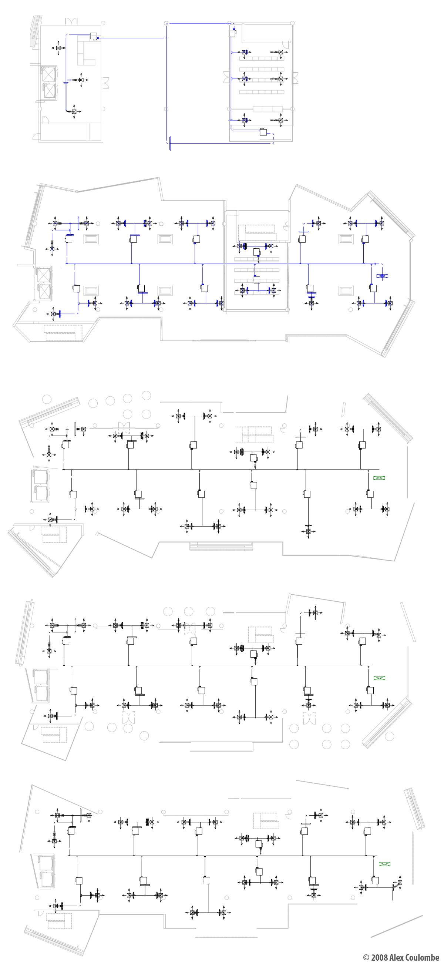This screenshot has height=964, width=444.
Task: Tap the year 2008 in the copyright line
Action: [x=379, y=957]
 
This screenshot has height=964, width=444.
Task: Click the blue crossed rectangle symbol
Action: [x=382, y=276]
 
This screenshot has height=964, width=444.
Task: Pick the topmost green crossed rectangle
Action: [x=379, y=478]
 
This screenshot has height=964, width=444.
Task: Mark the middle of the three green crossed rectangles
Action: [x=379, y=678]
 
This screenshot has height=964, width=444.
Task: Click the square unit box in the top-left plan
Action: [x=94, y=36]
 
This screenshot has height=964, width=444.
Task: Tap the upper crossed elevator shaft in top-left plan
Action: [x=48, y=74]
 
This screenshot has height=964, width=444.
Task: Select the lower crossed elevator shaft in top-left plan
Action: [x=49, y=91]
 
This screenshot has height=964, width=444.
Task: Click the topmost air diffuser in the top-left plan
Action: [x=58, y=48]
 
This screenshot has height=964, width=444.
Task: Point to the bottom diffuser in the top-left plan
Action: [x=74, y=111]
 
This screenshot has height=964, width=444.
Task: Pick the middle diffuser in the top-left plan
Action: [x=81, y=80]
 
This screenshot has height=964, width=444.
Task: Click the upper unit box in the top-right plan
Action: [x=232, y=33]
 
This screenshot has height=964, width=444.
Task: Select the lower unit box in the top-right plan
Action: [x=263, y=132]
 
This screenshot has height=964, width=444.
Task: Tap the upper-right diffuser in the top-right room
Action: [x=280, y=52]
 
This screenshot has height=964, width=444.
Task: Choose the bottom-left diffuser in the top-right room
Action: [x=244, y=120]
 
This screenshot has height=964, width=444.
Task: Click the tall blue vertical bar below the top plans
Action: [x=170, y=143]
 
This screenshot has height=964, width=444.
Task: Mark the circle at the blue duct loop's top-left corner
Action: [x=166, y=23]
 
